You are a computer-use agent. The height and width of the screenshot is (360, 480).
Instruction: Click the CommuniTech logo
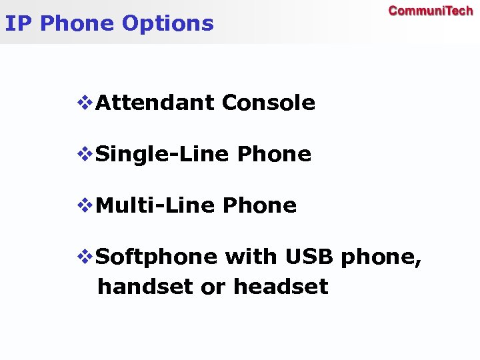(x=431, y=11)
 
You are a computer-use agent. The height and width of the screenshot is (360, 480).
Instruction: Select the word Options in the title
(x=168, y=24)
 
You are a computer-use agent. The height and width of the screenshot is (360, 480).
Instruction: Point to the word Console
(x=268, y=103)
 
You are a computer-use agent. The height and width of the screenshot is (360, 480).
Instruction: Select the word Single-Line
(x=163, y=155)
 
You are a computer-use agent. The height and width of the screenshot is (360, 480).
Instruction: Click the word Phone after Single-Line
(x=274, y=155)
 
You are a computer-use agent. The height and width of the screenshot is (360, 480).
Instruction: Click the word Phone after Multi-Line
(x=259, y=206)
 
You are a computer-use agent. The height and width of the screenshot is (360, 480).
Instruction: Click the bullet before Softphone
(x=86, y=257)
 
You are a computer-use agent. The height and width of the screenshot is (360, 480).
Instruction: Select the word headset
(x=281, y=287)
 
